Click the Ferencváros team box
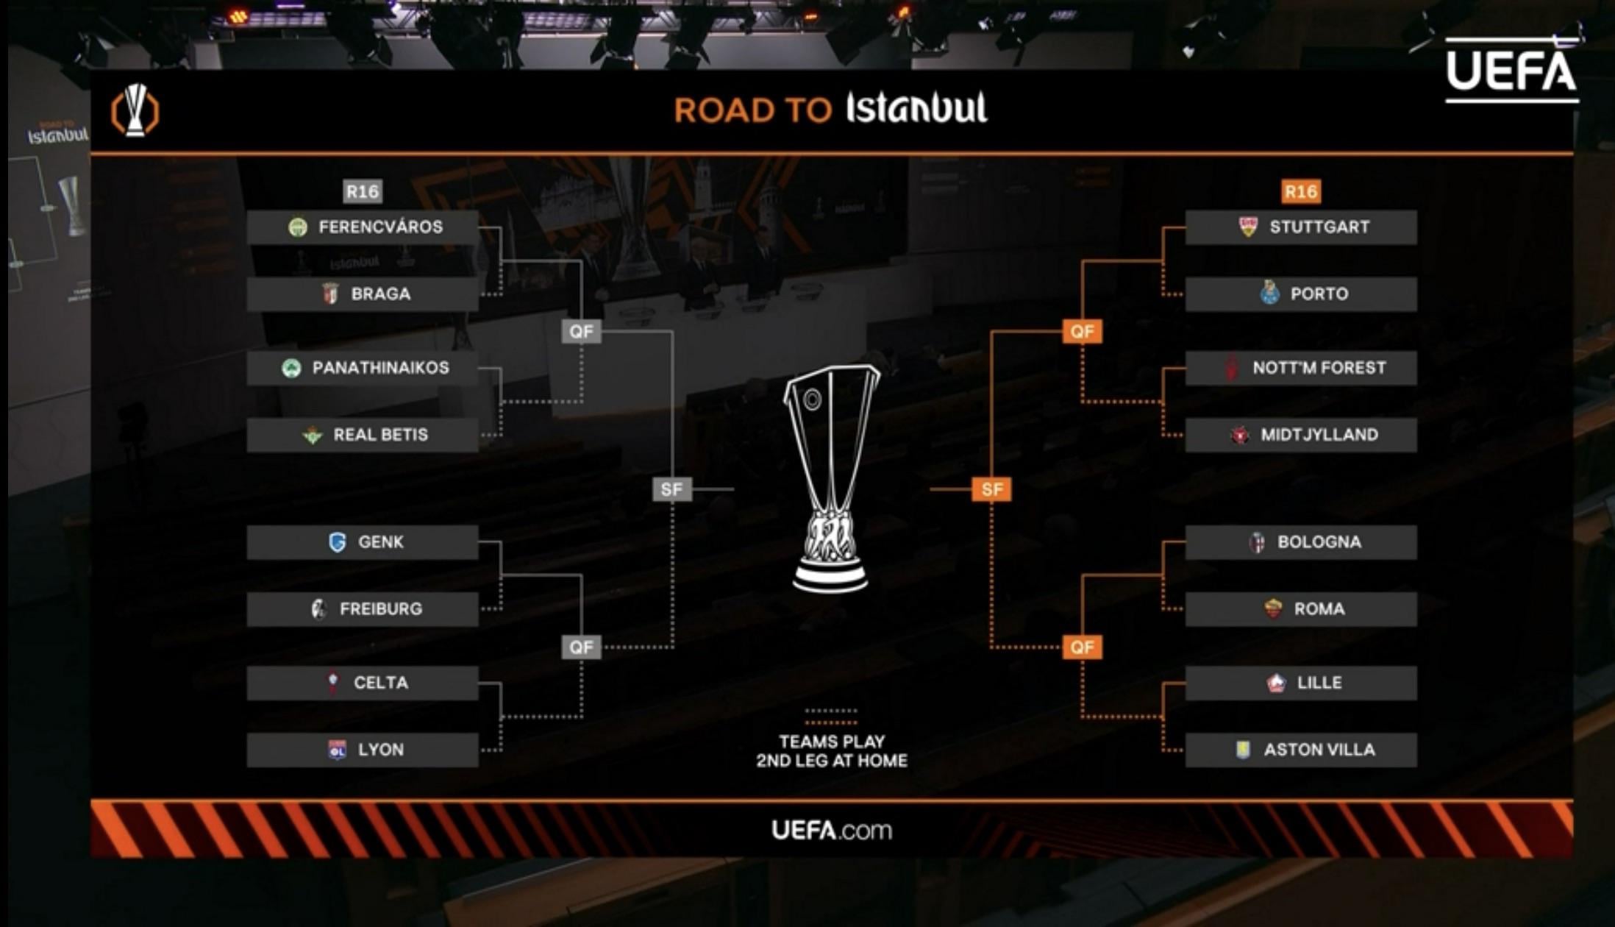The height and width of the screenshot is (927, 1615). point(363,227)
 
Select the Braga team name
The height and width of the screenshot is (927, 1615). point(380,294)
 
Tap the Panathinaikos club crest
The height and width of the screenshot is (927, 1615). point(291,368)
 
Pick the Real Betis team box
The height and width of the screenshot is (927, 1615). point(363,435)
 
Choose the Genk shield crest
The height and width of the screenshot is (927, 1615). point(338,542)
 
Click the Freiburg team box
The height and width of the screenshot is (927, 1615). point(363,609)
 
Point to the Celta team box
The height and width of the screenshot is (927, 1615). point(363,683)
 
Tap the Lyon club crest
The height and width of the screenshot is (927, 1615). point(337,750)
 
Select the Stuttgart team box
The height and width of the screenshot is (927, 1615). point(1300,227)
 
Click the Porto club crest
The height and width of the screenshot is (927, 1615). point(1269,294)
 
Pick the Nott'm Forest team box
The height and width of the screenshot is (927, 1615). point(1300,368)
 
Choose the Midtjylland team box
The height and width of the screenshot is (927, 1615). point(1300,435)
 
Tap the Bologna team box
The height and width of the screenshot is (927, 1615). point(1300,542)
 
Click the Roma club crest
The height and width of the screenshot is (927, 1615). point(1273,609)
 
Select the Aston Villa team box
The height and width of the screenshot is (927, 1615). point(1300,750)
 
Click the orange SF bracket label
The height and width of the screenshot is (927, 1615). point(991,489)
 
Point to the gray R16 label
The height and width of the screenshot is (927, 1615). point(363,192)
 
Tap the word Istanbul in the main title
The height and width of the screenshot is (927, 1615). point(916,109)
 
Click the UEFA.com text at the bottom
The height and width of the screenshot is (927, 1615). point(831,831)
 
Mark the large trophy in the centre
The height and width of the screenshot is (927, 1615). point(830,478)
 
